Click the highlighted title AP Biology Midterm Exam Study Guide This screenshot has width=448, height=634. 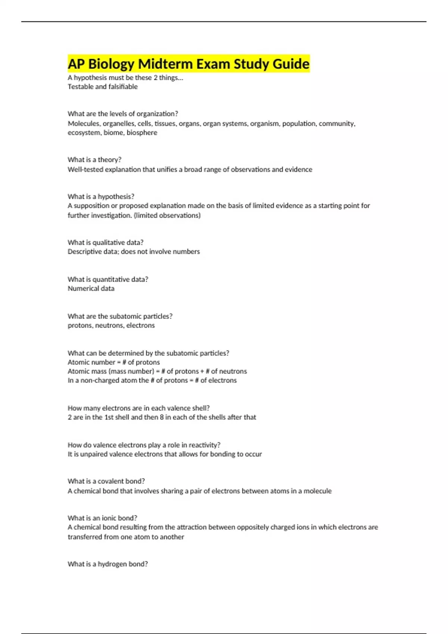point(189,64)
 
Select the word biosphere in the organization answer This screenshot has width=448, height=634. point(142,133)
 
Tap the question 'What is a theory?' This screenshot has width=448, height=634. point(94,160)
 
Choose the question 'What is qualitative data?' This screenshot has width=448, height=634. point(105,242)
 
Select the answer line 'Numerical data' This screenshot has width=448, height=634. point(91,288)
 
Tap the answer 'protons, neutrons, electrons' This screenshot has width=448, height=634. point(111,325)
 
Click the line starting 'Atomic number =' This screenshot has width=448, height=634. point(113,362)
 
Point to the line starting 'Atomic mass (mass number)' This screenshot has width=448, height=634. point(157,371)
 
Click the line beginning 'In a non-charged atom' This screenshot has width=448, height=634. point(152,380)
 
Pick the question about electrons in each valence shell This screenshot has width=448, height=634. point(139,408)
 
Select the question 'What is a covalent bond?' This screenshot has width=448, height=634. point(106,481)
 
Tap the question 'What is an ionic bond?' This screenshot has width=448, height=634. point(102,518)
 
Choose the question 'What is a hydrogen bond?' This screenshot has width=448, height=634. point(108,564)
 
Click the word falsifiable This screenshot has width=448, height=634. point(123,87)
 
